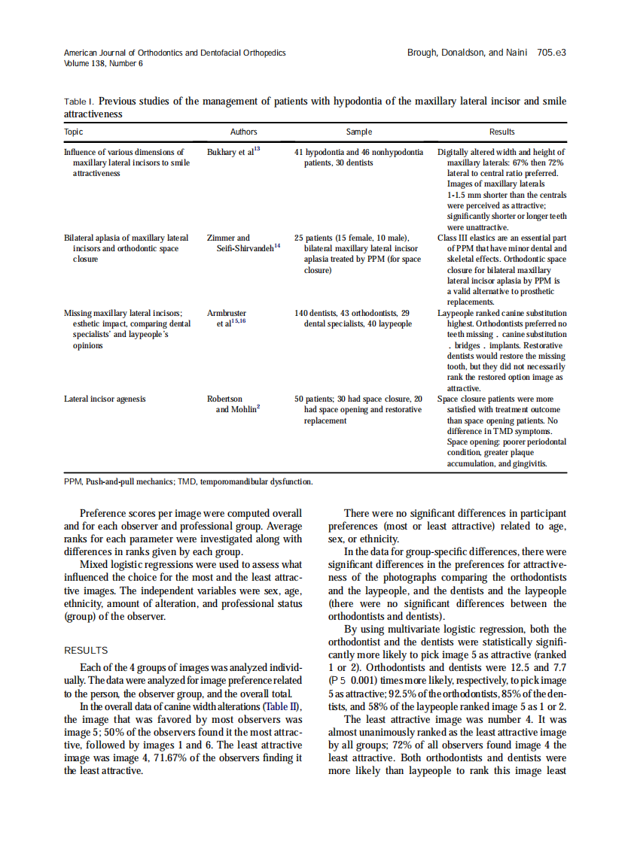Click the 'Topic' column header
tap(74, 132)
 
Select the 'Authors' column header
tap(243, 132)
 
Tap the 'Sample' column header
tap(358, 132)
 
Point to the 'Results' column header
tap(501, 132)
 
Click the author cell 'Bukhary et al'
tap(232, 152)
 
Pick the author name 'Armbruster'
tap(227, 313)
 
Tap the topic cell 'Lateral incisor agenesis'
tap(105, 399)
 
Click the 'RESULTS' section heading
tap(86, 651)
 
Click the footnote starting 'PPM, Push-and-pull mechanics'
tap(188, 481)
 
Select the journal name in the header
tap(175, 53)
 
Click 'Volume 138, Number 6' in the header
tap(103, 64)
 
